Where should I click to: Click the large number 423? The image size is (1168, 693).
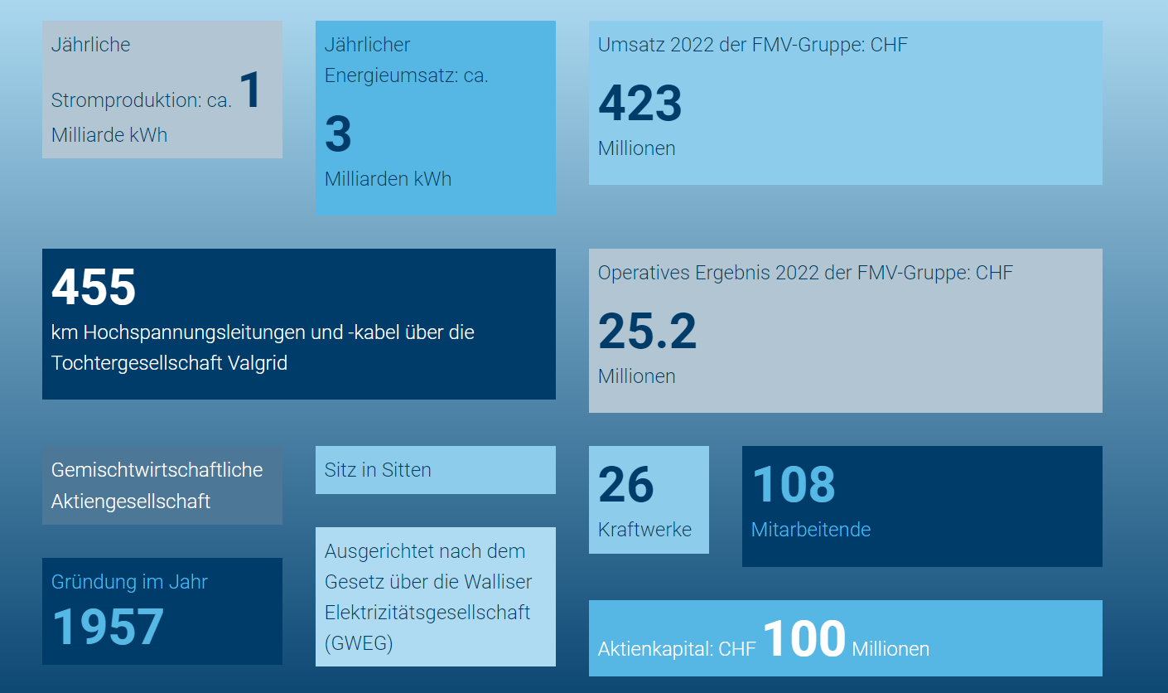click(x=640, y=104)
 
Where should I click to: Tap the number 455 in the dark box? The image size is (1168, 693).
click(x=94, y=288)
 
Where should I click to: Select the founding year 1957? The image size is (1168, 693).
click(x=108, y=627)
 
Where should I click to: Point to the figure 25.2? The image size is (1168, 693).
click(x=647, y=332)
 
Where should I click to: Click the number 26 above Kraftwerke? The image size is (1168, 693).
click(x=625, y=485)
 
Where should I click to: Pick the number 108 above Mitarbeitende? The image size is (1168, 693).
click(x=793, y=484)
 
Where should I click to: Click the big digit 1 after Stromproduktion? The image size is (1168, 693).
click(x=250, y=90)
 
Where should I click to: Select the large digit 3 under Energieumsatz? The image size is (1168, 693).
click(x=338, y=134)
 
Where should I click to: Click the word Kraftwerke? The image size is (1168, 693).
click(x=644, y=530)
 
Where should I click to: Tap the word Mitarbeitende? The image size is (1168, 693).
click(x=810, y=530)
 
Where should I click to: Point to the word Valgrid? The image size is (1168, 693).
click(x=257, y=363)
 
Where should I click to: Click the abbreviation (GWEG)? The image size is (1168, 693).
click(x=359, y=644)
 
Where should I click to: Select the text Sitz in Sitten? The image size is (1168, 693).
click(x=378, y=470)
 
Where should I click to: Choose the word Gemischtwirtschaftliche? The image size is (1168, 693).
click(x=157, y=470)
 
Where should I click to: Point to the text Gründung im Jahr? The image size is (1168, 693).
click(x=129, y=582)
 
